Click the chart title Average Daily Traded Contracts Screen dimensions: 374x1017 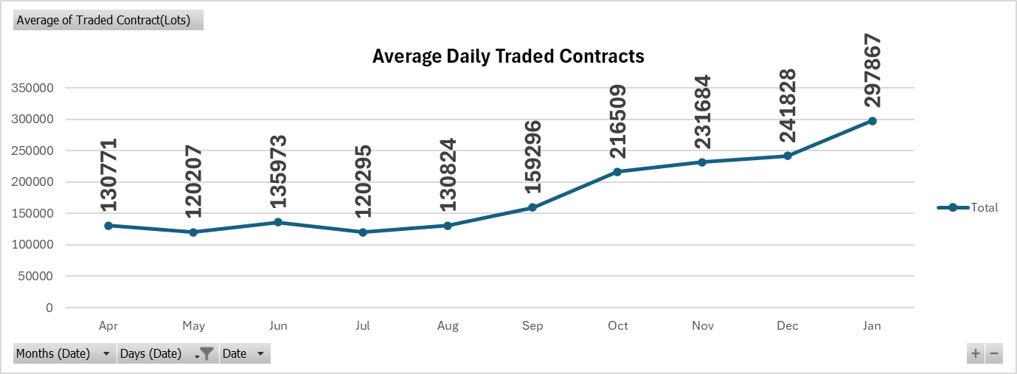[x=508, y=57]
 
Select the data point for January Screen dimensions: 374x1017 [x=872, y=121]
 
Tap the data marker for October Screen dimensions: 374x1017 [x=617, y=172]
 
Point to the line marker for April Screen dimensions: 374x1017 [x=108, y=226]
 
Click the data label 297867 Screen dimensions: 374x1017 [x=872, y=71]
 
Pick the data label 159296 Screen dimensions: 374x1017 [x=532, y=156]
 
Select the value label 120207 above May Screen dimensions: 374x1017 [x=193, y=181]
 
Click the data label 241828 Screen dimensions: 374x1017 [x=788, y=105]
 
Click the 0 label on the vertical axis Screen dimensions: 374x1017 [x=49, y=308]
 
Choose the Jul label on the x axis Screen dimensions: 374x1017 [x=363, y=326]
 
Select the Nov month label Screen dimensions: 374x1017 [x=702, y=326]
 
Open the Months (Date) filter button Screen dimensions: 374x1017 [x=65, y=354]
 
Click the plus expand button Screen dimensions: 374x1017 [x=976, y=354]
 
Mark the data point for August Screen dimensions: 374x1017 [x=448, y=226]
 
